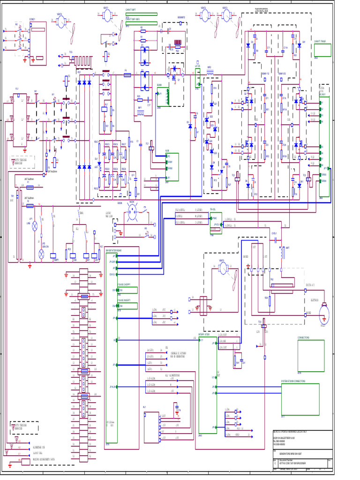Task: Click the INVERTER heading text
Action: (x=263, y=11)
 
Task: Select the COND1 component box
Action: (x=37, y=42)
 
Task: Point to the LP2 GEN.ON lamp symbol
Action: (x=41, y=254)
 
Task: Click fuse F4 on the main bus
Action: (x=126, y=75)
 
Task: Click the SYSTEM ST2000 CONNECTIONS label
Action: (x=293, y=381)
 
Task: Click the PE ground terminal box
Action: (x=20, y=460)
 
